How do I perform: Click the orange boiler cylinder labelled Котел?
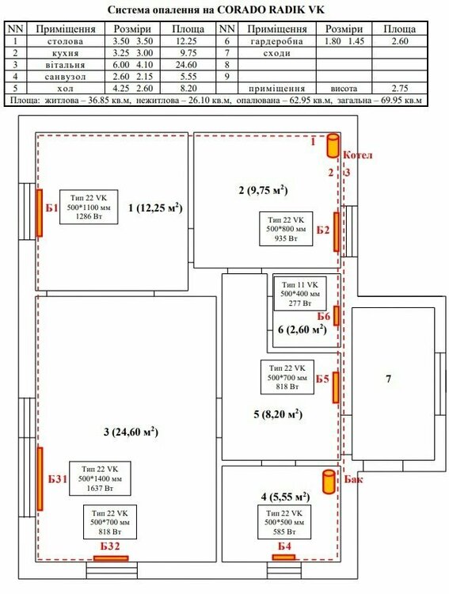click(x=333, y=146)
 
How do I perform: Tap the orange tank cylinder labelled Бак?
click(x=329, y=482)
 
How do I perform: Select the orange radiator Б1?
click(x=39, y=213)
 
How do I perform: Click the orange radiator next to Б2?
click(x=337, y=232)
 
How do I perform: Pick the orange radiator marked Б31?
click(x=40, y=479)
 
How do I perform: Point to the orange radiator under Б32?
click(x=111, y=558)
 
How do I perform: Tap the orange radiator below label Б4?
click(x=283, y=558)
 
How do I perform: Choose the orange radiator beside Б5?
click(x=336, y=387)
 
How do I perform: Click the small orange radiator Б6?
click(x=337, y=315)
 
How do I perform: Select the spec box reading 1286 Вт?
click(x=89, y=207)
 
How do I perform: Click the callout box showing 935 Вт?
click(x=286, y=229)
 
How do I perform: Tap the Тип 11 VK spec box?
click(x=299, y=294)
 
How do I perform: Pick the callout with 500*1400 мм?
click(x=100, y=478)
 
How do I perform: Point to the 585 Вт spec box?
click(x=284, y=522)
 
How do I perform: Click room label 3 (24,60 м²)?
click(x=131, y=432)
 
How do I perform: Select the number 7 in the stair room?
click(x=388, y=379)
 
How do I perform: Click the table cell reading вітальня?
click(x=65, y=65)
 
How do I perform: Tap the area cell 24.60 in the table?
click(x=186, y=65)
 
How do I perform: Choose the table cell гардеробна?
click(x=276, y=41)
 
